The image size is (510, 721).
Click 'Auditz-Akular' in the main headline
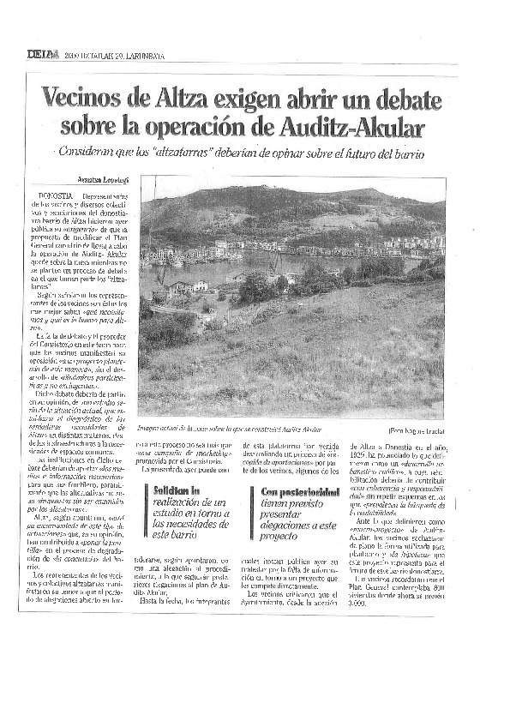tap(352, 127)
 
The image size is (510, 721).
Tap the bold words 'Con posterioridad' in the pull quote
tap(297, 491)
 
